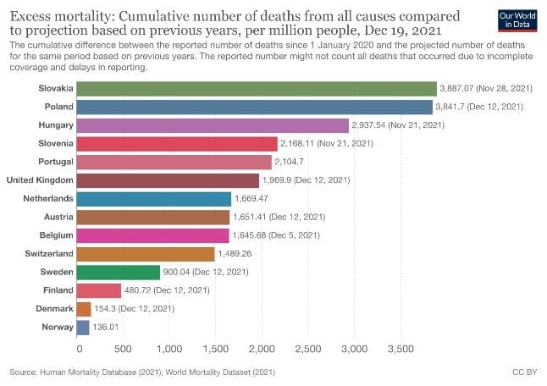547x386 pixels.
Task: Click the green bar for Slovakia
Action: pyautogui.click(x=257, y=89)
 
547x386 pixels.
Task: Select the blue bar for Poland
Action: pyautogui.click(x=254, y=107)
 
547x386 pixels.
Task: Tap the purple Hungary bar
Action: pyautogui.click(x=213, y=125)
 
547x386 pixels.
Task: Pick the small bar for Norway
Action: pyautogui.click(x=83, y=328)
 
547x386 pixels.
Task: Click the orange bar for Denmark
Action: pyautogui.click(x=84, y=309)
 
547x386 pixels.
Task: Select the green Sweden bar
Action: pyautogui.click(x=119, y=273)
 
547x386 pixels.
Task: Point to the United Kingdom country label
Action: pyautogui.click(x=40, y=180)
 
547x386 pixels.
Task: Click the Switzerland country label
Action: pyautogui.click(x=49, y=254)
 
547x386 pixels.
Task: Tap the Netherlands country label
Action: pyautogui.click(x=48, y=199)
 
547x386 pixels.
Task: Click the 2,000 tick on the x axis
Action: pyautogui.click(x=262, y=349)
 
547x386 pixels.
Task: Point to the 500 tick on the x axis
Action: pyautogui.click(x=123, y=349)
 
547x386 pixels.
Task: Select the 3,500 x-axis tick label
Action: pyautogui.click(x=401, y=349)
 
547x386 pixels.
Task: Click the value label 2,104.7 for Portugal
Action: pyautogui.click(x=289, y=162)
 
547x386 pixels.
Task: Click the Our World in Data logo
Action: pyautogui.click(x=517, y=20)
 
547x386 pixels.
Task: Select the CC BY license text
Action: pyautogui.click(x=525, y=372)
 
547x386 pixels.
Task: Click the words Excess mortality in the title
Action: pyautogui.click(x=60, y=16)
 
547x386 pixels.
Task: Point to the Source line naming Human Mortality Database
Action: pyautogui.click(x=142, y=372)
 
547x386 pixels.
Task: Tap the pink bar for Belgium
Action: pyautogui.click(x=152, y=235)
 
